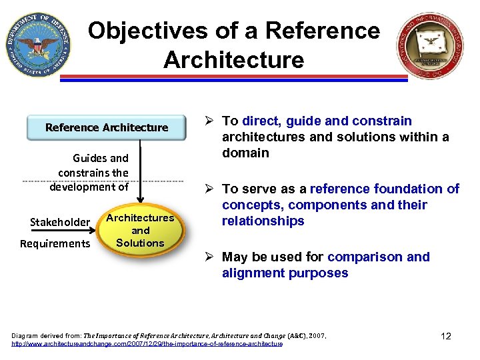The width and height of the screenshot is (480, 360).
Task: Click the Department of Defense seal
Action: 38,45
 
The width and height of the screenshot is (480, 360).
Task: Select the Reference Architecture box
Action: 107,127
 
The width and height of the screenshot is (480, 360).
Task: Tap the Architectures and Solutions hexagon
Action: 140,231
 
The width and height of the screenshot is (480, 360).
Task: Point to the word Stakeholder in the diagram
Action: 60,222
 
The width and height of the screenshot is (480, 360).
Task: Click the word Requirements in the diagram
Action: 55,243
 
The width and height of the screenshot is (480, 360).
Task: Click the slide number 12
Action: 446,336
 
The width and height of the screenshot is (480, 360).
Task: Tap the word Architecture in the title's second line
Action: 233,60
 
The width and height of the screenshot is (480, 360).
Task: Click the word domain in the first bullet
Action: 245,153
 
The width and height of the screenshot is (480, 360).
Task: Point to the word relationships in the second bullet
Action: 263,221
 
